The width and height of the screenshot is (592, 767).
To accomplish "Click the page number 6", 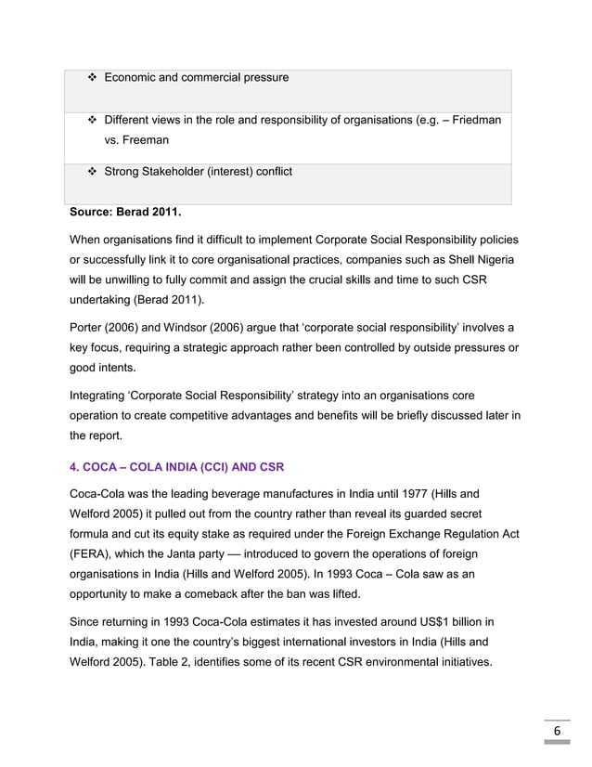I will pos(557,731).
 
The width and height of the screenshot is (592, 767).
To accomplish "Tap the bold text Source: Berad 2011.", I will pos(122,221).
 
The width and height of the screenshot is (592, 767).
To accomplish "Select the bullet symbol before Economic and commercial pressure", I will pos(92,77).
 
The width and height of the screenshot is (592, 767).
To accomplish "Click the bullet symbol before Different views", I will pos(92,121).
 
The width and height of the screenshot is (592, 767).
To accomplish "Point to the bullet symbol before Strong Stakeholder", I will pos(92,172).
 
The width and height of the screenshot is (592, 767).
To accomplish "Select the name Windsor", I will pos(201,328).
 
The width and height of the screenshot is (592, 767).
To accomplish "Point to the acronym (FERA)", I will pos(92,555).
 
